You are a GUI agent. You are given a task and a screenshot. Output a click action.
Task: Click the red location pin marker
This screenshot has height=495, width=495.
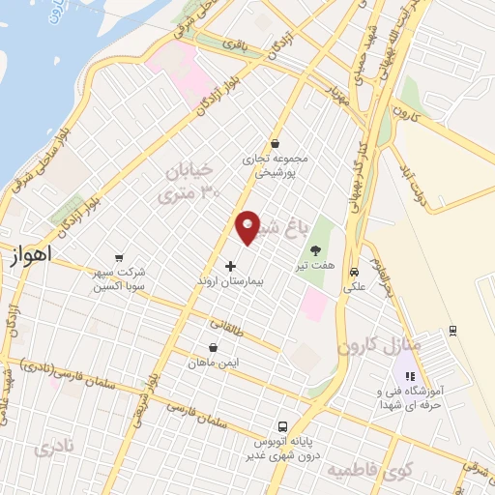pyautogui.click(x=248, y=226)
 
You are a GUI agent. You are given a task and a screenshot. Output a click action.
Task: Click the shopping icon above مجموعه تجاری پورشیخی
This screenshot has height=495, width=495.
pyautogui.click(x=276, y=144)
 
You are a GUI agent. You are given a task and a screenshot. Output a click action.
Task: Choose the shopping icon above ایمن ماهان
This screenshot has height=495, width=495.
pyautogui.click(x=213, y=348)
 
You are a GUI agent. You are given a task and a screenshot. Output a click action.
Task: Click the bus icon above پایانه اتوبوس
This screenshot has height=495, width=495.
pyautogui.click(x=282, y=426)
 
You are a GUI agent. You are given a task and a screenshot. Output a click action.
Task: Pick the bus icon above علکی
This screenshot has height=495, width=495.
pyautogui.click(x=355, y=273)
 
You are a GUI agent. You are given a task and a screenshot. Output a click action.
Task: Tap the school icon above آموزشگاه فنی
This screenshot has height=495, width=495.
pyautogui.click(x=409, y=376)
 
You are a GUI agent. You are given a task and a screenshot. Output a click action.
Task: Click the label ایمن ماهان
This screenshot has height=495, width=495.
pyautogui.click(x=214, y=364)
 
